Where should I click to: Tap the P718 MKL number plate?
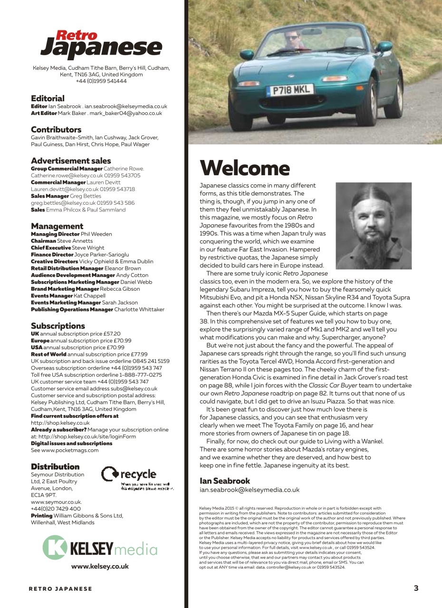click(x=289, y=90)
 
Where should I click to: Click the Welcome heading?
click(x=244, y=168)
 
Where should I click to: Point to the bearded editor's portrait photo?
click(x=373, y=226)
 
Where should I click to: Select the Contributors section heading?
click(x=56, y=129)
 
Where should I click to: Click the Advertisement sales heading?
click(x=71, y=161)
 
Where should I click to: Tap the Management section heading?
click(x=57, y=226)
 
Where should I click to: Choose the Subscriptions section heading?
click(x=58, y=326)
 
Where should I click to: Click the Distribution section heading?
click(x=55, y=466)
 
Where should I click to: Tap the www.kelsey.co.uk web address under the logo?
click(x=100, y=566)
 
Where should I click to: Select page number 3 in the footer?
click(x=416, y=588)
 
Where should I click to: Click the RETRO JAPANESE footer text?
click(x=60, y=589)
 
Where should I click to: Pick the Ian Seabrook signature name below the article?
click(x=225, y=481)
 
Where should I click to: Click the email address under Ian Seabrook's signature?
click(x=250, y=489)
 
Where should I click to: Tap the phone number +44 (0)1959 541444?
click(x=101, y=81)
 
